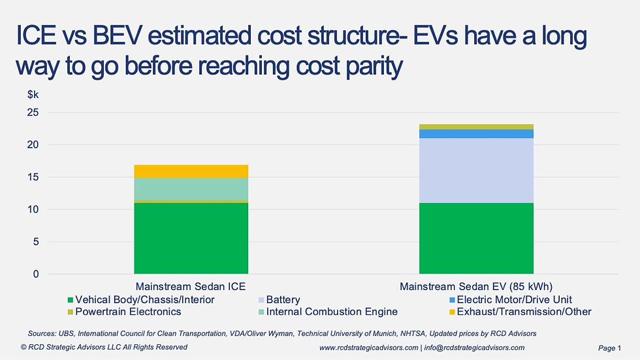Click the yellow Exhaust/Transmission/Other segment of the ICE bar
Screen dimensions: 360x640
(x=191, y=171)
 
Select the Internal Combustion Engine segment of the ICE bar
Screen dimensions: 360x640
(x=191, y=189)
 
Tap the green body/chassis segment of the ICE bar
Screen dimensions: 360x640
(x=191, y=238)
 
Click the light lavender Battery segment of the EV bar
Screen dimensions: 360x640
(x=475, y=171)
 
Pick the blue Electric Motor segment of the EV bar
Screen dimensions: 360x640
(x=475, y=134)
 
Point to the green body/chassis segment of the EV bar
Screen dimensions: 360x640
(x=475, y=238)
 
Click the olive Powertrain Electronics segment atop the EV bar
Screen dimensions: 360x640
(x=475, y=127)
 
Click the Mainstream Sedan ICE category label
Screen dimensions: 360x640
(x=191, y=287)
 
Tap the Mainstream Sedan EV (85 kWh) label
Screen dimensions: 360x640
(x=475, y=287)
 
